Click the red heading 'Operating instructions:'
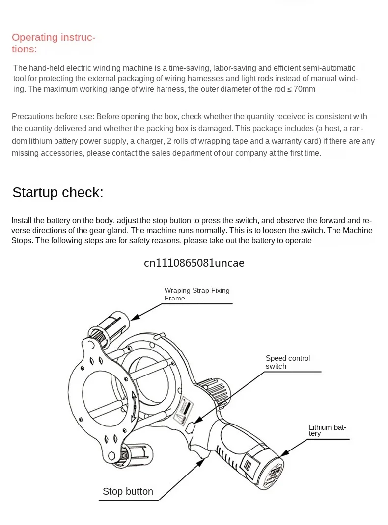pos(54,43)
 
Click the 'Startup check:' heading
pos(58,193)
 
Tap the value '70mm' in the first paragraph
pos(304,89)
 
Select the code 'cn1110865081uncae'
pos(194,263)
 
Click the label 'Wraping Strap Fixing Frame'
pos(197,294)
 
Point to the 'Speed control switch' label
pos(288,362)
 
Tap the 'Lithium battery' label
pos(327,430)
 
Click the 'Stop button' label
pos(128,491)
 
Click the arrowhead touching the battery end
pos(284,452)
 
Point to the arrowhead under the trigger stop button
pos(201,462)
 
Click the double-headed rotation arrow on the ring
pos(134,406)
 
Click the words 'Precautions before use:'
pos(53,117)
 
